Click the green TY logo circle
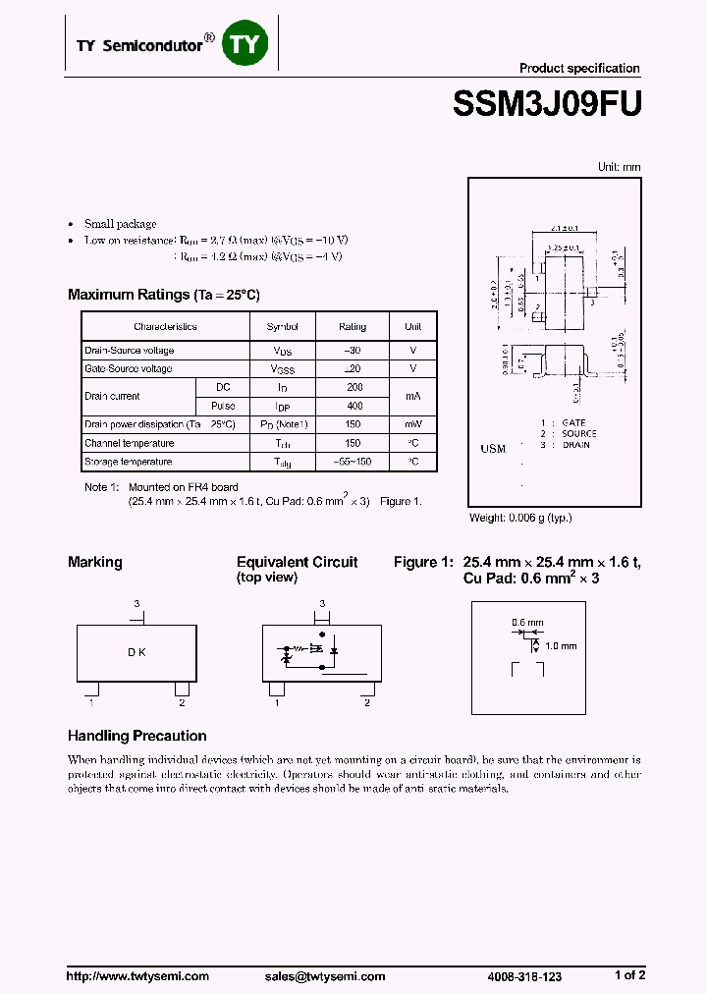(x=245, y=44)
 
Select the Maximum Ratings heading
(x=163, y=295)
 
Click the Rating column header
(x=353, y=327)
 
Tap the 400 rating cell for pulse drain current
(x=354, y=406)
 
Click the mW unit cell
(x=413, y=424)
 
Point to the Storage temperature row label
(x=129, y=462)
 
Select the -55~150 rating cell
(x=353, y=462)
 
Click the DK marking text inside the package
(x=136, y=652)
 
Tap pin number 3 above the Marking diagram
(x=136, y=603)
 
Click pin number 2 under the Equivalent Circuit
(x=366, y=703)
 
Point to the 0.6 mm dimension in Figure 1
(x=526, y=623)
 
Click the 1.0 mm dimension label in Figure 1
(x=562, y=646)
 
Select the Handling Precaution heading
(x=136, y=736)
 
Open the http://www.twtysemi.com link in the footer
(x=137, y=976)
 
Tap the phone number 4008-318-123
(x=524, y=976)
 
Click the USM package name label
(x=493, y=449)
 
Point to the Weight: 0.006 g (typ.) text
(x=520, y=518)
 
